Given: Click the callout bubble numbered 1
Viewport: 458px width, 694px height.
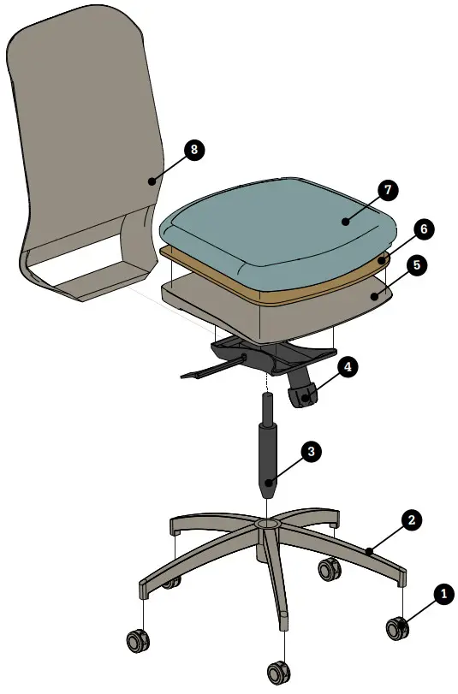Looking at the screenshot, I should pyautogui.click(x=443, y=592).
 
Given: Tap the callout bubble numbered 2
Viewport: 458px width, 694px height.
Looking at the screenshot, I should pyautogui.click(x=411, y=519).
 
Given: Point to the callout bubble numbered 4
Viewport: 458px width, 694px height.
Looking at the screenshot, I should pyautogui.click(x=347, y=367).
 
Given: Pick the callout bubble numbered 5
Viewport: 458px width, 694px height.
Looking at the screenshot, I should pyautogui.click(x=416, y=265).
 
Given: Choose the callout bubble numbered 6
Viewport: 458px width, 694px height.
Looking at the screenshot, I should pyautogui.click(x=422, y=229).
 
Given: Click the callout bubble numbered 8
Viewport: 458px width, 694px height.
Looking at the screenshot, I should pyautogui.click(x=193, y=150).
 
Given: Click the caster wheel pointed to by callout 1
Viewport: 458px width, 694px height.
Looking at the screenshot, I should pyautogui.click(x=396, y=628).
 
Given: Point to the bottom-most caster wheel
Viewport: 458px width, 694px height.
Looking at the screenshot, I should pyautogui.click(x=277, y=672).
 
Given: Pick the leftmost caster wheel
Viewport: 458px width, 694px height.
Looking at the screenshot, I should pyautogui.click(x=136, y=640).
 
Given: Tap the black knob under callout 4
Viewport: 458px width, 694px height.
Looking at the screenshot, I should pyautogui.click(x=303, y=396).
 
